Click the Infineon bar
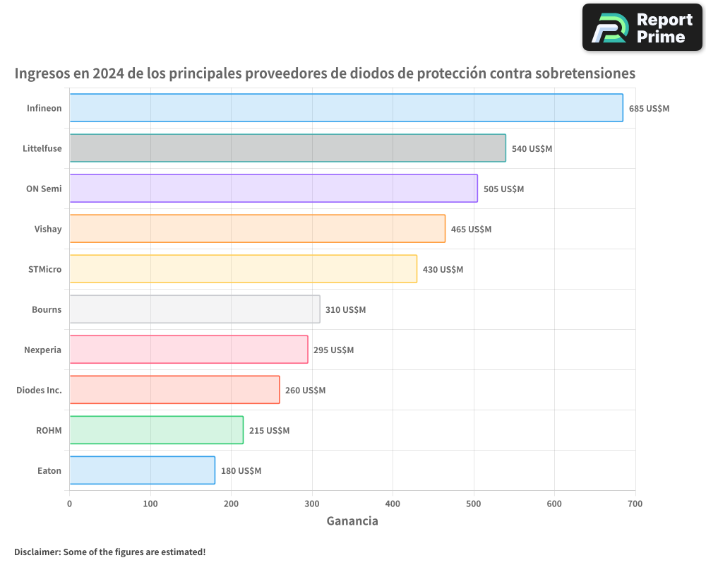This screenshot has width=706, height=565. [x=346, y=108]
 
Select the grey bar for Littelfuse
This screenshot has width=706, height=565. [x=287, y=148]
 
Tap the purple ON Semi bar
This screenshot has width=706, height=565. [x=273, y=189]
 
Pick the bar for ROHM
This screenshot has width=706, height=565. [x=156, y=430]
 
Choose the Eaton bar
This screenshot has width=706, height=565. [x=142, y=470]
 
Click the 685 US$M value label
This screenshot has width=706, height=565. [x=649, y=109]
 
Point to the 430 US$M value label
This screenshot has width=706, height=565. [x=443, y=270]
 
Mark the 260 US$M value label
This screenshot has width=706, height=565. [x=305, y=391]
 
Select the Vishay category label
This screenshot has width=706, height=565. [x=48, y=229]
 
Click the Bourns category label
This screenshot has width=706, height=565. [x=47, y=309]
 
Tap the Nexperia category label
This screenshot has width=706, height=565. [x=43, y=350]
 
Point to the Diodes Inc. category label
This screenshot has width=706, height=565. [x=39, y=390]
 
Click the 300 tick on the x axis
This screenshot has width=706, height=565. [x=312, y=504]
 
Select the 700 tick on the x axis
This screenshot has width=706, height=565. [x=635, y=504]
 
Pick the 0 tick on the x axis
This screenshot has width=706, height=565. [x=69, y=504]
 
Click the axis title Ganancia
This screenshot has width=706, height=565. [x=352, y=521]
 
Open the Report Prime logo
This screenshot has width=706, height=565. [x=642, y=28]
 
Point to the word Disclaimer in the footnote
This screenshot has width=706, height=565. [x=36, y=552]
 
